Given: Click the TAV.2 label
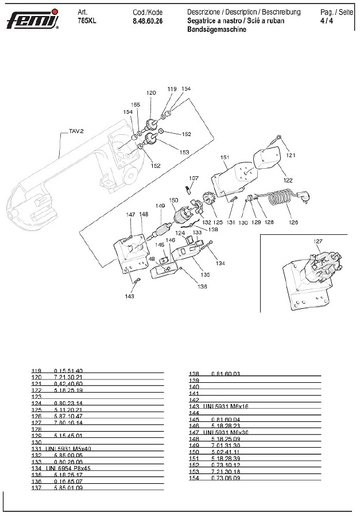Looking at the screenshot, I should click(x=76, y=131).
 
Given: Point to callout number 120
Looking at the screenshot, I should click(x=151, y=92).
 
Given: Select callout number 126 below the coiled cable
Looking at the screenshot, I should click(x=294, y=222).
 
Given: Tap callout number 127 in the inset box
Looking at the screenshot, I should click(x=318, y=241).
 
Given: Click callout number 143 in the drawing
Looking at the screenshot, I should click(x=130, y=297).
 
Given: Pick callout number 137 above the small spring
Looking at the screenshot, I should click(x=193, y=179).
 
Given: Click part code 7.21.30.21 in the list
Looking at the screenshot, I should click(x=68, y=378).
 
